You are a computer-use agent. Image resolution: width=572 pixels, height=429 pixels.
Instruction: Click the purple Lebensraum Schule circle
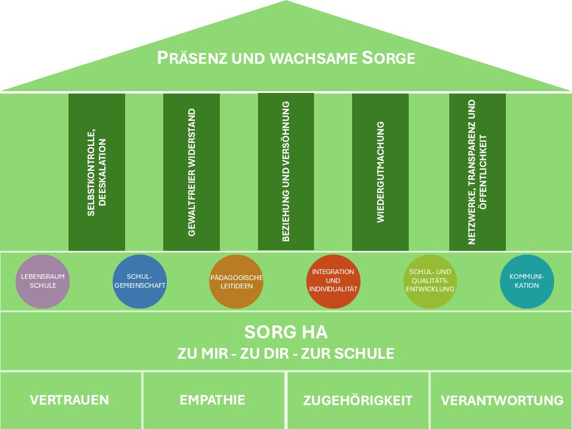click(x=43, y=281)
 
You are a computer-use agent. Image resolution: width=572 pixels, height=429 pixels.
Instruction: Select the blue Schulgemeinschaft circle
click(x=139, y=281)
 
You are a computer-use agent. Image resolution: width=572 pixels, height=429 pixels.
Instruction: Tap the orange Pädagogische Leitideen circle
click(x=237, y=281)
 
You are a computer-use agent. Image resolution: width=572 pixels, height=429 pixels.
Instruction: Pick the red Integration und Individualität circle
click(x=333, y=281)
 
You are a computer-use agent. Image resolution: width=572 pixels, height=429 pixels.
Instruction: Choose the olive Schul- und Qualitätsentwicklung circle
click(x=430, y=281)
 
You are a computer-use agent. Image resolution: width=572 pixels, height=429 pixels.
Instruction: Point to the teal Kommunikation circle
click(x=527, y=281)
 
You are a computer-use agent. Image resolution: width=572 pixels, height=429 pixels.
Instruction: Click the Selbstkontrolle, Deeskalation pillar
click(x=97, y=172)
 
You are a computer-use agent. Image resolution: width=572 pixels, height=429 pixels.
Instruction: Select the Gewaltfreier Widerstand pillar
click(x=191, y=172)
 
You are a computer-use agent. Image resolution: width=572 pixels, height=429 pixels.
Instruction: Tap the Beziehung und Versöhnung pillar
click(x=286, y=172)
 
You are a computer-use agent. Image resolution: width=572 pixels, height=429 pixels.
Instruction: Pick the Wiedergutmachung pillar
click(x=381, y=172)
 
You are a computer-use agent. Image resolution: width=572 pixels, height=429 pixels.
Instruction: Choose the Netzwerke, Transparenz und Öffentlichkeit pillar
click(x=477, y=172)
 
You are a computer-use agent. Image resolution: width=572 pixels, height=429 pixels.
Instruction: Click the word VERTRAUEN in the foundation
click(x=69, y=400)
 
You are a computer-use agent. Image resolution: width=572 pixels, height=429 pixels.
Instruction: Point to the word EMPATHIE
click(x=212, y=400)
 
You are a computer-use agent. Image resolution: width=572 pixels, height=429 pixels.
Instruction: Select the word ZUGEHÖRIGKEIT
click(x=357, y=400)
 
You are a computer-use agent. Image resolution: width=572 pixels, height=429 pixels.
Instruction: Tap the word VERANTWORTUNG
click(x=502, y=400)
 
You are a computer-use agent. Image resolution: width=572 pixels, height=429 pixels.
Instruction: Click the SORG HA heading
click(x=286, y=332)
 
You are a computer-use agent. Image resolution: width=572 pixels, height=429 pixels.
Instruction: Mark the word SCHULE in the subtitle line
click(x=364, y=353)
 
